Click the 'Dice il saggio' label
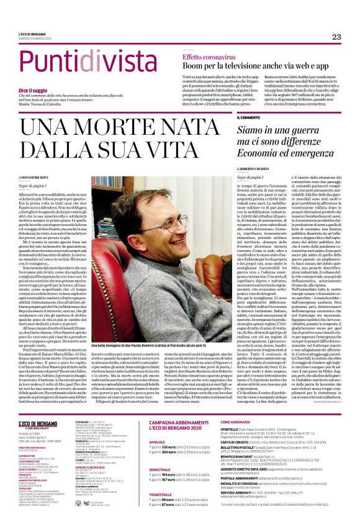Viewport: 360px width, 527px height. click(32, 90)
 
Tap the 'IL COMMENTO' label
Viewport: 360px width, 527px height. click(248, 117)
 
